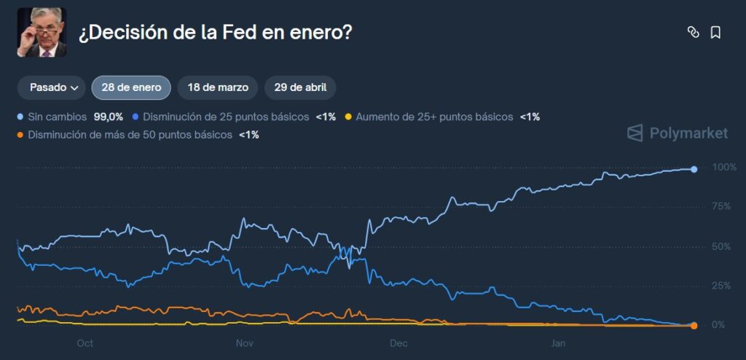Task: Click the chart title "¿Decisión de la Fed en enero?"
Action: (x=215, y=33)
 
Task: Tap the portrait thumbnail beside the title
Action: (x=42, y=32)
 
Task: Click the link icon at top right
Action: (x=693, y=32)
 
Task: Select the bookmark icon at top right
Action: (x=715, y=32)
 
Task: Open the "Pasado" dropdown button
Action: (x=52, y=87)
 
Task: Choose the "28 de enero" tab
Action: (x=131, y=87)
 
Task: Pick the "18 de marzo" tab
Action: (x=218, y=87)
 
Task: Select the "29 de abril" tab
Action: (x=300, y=87)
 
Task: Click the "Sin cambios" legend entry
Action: (x=56, y=117)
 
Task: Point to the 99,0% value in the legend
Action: (x=109, y=117)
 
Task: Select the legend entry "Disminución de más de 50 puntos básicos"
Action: (x=130, y=135)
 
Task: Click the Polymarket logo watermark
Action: (x=678, y=133)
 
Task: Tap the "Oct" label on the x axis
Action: (x=85, y=343)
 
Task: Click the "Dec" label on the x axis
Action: (x=398, y=343)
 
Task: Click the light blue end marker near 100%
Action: (x=694, y=169)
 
